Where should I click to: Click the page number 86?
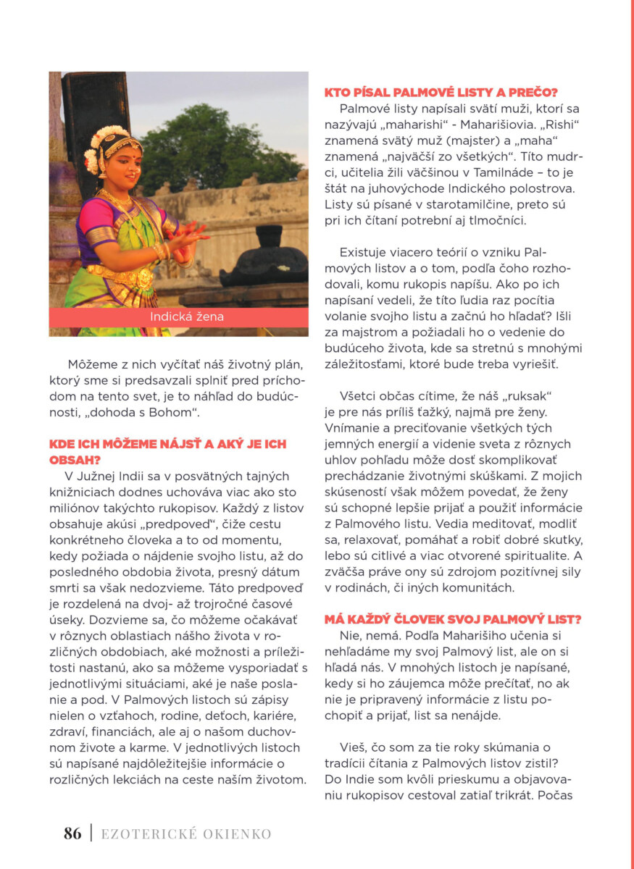coord(72,834)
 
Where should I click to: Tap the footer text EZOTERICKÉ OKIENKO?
coord(186,834)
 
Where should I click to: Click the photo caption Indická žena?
coord(178,317)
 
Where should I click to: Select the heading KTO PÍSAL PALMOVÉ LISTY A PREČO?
coord(440,92)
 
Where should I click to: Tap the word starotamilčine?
coord(455,205)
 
